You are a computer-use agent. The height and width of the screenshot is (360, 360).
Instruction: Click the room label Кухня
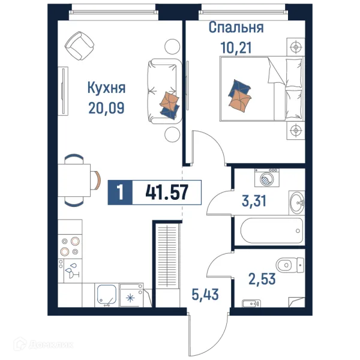106,88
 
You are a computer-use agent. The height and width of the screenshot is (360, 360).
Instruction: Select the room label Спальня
236,28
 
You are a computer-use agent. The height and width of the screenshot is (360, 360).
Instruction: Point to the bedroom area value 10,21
236,47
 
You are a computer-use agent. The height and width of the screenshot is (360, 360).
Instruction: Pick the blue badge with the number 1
121,193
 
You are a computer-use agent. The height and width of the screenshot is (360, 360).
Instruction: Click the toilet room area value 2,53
262,279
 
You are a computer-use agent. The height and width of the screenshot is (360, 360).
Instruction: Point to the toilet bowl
288,264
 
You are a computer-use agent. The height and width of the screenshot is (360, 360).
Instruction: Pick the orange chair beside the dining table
96,178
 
